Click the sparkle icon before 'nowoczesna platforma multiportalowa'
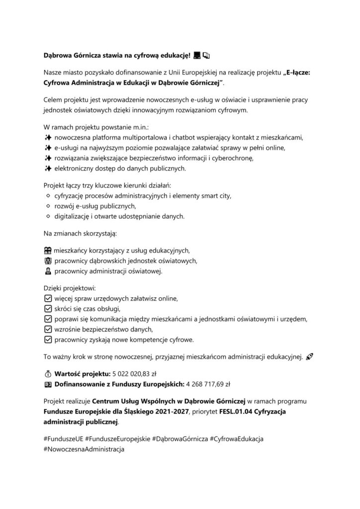pyautogui.click(x=48, y=137)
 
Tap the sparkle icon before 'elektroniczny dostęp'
pyautogui.click(x=48, y=169)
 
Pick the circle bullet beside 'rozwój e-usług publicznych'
pyautogui.click(x=48, y=206)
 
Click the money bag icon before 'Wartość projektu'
pyautogui.click(x=48, y=373)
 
